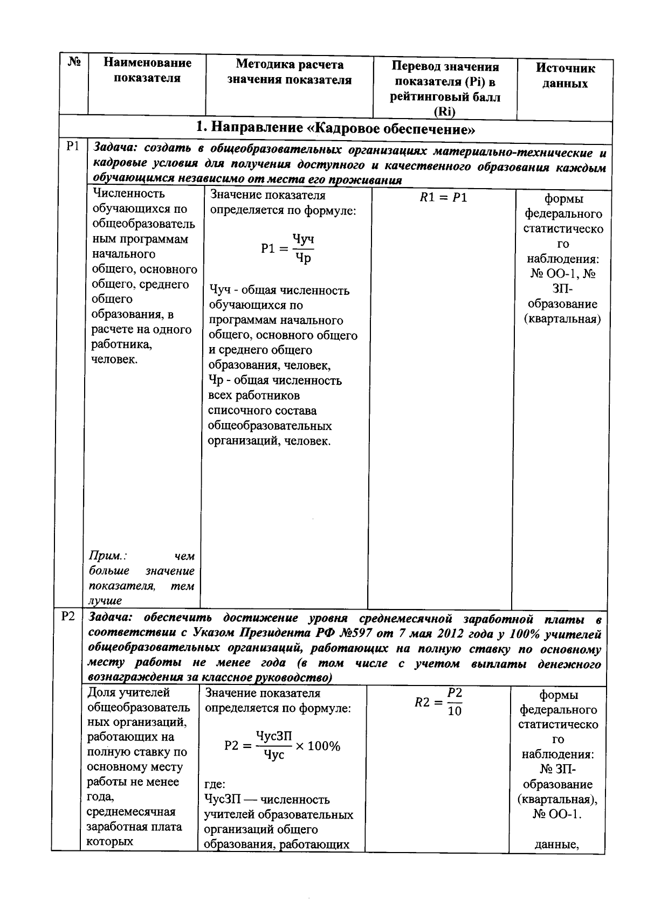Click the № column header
click(x=74, y=63)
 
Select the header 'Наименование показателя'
click(x=147, y=71)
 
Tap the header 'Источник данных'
click(x=565, y=76)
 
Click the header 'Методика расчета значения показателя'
click(x=289, y=72)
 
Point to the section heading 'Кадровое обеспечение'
click(x=335, y=129)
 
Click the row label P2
click(x=68, y=617)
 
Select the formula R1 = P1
click(x=443, y=198)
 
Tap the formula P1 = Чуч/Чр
click(x=287, y=248)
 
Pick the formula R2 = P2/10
click(x=438, y=701)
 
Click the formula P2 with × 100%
click(x=282, y=746)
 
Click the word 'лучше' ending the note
click(x=105, y=600)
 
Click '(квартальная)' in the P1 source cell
click(x=563, y=318)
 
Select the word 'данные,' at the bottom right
click(x=556, y=844)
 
